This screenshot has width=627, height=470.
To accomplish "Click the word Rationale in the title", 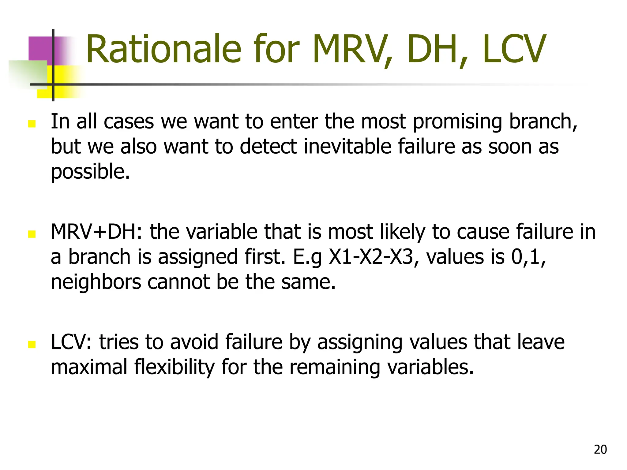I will (x=163, y=50).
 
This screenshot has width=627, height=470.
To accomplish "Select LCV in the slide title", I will (x=514, y=50).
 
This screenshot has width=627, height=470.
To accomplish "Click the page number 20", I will (x=600, y=449).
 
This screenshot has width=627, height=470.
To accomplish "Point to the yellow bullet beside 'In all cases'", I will (x=32, y=124).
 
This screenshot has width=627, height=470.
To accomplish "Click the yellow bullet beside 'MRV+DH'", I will (x=32, y=234).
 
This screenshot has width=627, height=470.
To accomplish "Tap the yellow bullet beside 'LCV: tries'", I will (x=32, y=345).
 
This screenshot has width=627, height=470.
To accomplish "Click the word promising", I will (x=457, y=122).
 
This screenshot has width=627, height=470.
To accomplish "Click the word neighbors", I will (x=96, y=282).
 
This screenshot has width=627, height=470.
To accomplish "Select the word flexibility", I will (x=175, y=367).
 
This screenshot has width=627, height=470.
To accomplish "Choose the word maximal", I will (x=89, y=367).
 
